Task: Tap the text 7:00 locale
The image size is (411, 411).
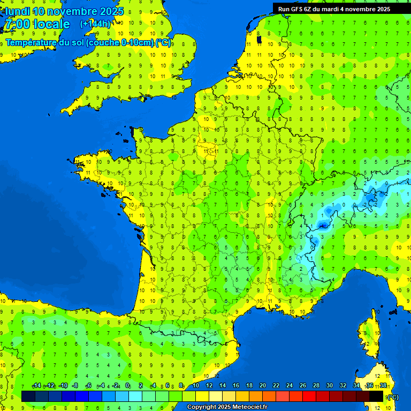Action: pyautogui.click(x=37, y=24)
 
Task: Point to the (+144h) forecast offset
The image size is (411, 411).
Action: pyautogui.click(x=95, y=24)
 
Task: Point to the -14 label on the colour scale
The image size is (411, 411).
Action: pyautogui.click(x=36, y=386)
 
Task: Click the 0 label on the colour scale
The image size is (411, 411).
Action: pyautogui.click(x=128, y=386)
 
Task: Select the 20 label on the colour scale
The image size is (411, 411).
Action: pyautogui.click(x=262, y=386)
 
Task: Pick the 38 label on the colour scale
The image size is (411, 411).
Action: pyautogui.click(x=383, y=386)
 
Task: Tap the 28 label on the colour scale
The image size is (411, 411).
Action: pyautogui.click(x=316, y=386)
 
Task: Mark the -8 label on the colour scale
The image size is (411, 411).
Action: pyautogui.click(x=75, y=386)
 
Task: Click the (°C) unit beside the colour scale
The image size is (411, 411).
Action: pyautogui.click(x=392, y=397)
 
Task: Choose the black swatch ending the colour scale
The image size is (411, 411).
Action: pyautogui.click(x=376, y=396)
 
